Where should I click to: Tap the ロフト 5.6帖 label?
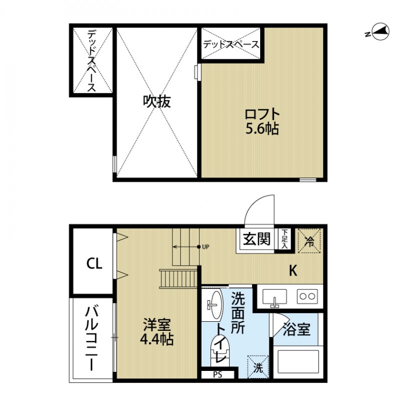pyautogui.click(x=262, y=121)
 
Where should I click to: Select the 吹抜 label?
pyautogui.click(x=157, y=102)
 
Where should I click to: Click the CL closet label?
pyautogui.click(x=94, y=263)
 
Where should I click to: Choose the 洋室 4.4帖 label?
pyautogui.click(x=156, y=332)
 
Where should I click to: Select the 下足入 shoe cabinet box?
pyautogui.click(x=284, y=239)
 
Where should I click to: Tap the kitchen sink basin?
pyautogui.click(x=275, y=297)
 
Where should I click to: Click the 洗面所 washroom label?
pyautogui.click(x=238, y=314)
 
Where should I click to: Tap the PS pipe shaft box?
pyautogui.click(x=218, y=374)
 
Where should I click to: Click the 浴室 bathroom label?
pyautogui.click(x=297, y=330)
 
